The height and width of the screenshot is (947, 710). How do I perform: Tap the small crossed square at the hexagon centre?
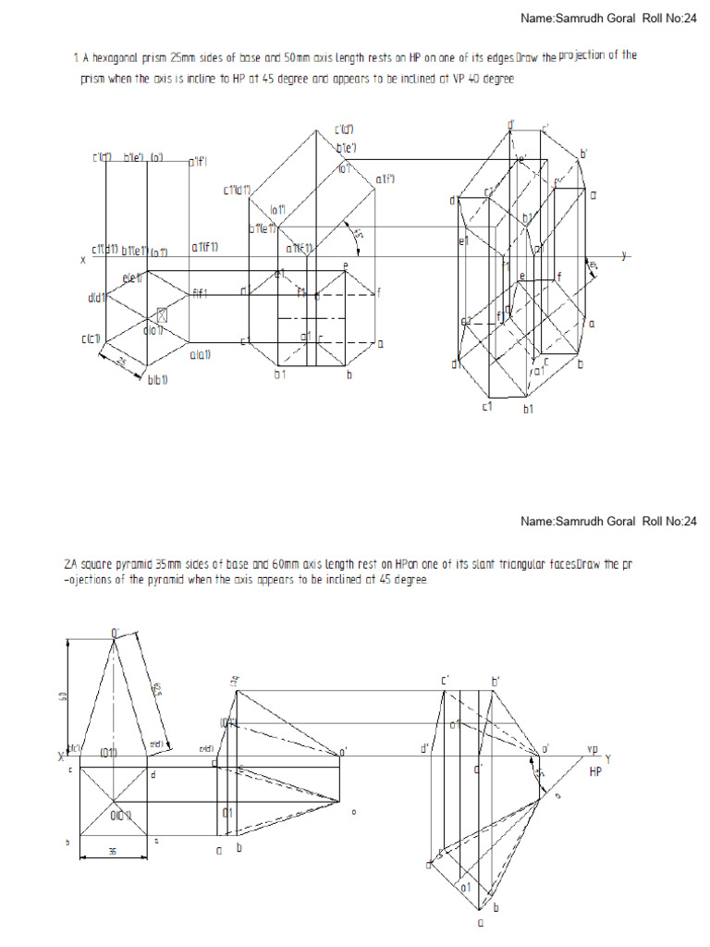point(163,315)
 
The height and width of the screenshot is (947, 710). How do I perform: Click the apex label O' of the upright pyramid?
point(116,633)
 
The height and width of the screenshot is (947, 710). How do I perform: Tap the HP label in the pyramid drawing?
point(595,769)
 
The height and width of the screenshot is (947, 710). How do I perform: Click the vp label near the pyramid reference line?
point(594,748)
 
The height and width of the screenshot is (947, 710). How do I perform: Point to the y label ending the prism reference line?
point(624,255)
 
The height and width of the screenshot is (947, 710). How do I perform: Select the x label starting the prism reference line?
point(82,261)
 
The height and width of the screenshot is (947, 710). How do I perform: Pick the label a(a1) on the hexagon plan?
point(202,354)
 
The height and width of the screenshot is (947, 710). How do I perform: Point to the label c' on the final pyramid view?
point(445,681)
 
